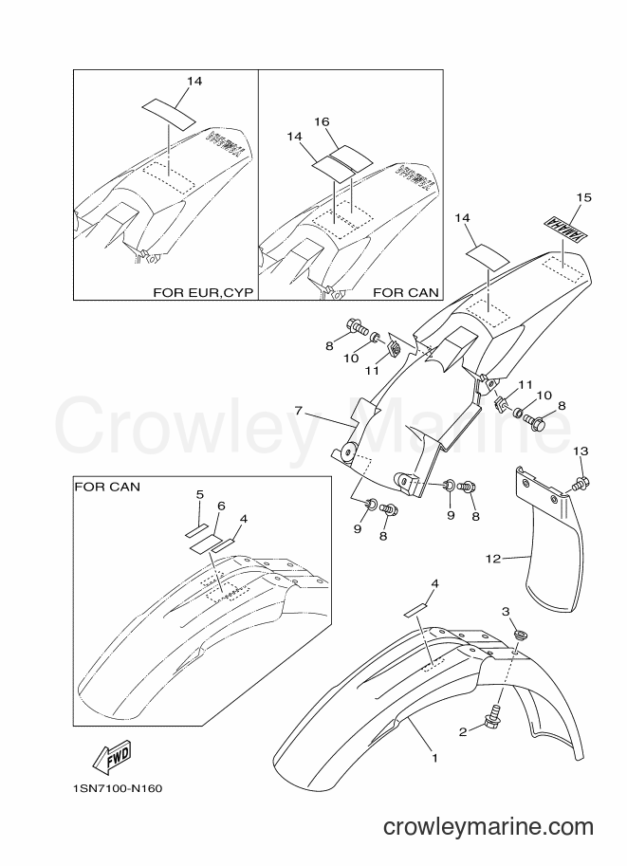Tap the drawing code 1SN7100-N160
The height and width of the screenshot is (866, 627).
tap(117, 788)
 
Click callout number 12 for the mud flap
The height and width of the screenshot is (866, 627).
tap(492, 559)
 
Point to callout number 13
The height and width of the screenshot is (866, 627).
tap(581, 451)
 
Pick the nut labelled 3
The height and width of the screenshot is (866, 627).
tap(518, 634)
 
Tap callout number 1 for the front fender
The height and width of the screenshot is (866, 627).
tap(434, 758)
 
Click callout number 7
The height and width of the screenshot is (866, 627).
tap(298, 411)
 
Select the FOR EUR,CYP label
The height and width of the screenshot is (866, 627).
tap(203, 292)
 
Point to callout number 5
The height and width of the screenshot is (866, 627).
tap(200, 493)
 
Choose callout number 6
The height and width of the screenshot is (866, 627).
tap(221, 506)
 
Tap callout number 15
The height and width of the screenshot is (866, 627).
tap(584, 197)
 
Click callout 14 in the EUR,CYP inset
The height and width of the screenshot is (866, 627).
tap(194, 82)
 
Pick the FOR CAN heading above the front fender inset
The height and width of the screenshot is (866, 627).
tap(107, 487)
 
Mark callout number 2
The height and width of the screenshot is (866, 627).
tap(463, 732)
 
